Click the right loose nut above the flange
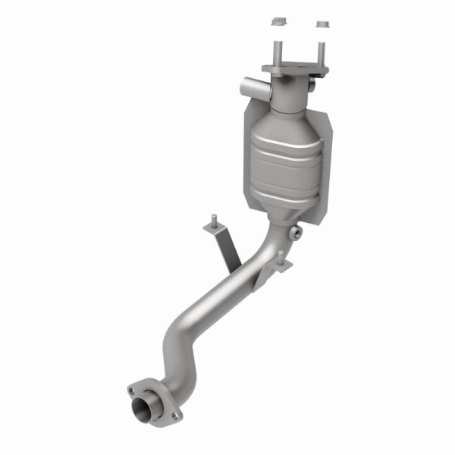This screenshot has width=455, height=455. (x=323, y=25)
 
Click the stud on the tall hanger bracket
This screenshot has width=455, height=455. (x=215, y=220)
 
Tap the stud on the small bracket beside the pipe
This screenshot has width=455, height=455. (x=281, y=256)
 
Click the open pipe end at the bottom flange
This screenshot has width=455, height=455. (x=145, y=410)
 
